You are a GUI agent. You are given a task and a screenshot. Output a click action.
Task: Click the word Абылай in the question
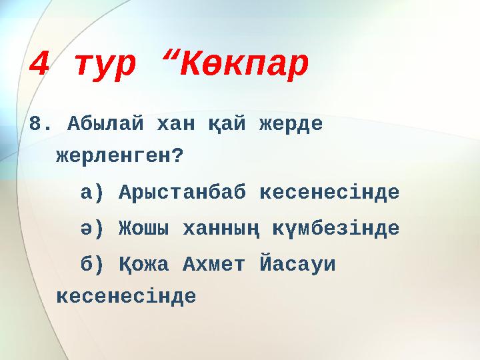104,125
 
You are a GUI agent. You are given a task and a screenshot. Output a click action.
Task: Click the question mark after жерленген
177,157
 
